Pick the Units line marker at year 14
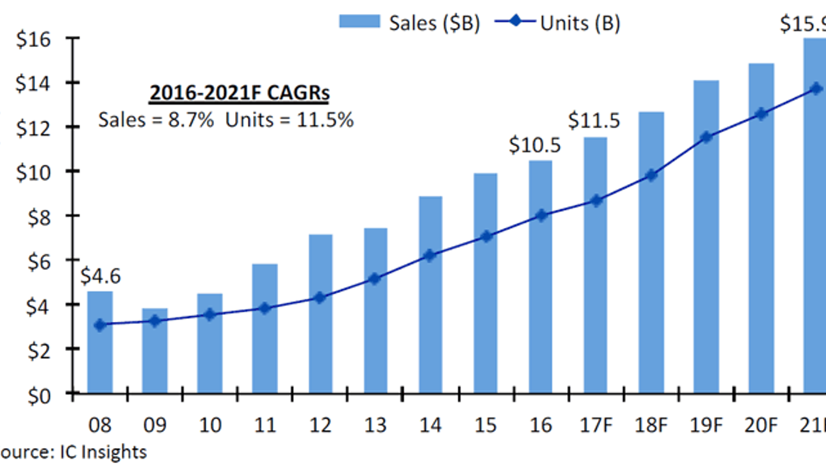[430, 255]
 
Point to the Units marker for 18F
[652, 175]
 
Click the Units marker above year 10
[210, 315]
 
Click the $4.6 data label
[100, 276]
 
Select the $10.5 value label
[534, 145]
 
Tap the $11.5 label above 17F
[594, 120]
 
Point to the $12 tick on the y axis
[33, 128]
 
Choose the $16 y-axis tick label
[33, 39]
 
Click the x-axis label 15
[485, 425]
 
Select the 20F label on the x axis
[761, 425]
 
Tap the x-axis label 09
[155, 425]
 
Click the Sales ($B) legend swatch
[359, 22]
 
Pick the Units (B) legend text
[580, 23]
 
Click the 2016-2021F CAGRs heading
[240, 93]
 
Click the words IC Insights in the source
[103, 452]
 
